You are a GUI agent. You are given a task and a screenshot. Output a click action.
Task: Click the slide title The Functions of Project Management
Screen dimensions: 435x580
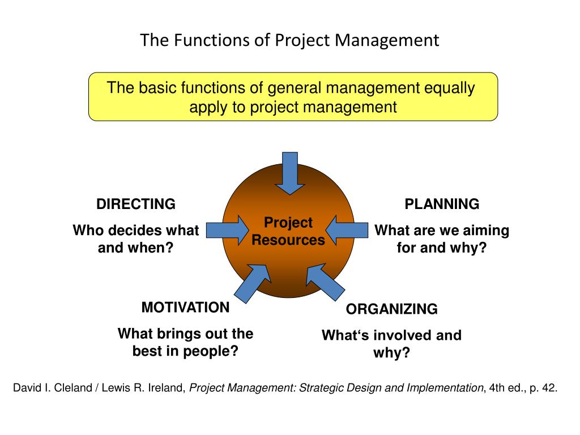pyautogui.click(x=289, y=40)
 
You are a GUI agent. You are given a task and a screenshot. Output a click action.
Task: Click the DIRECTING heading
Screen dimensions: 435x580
pyautogui.click(x=136, y=204)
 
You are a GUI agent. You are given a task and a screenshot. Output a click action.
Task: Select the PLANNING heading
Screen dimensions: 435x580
pyautogui.click(x=442, y=204)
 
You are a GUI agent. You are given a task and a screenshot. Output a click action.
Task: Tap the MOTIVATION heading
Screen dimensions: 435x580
pyautogui.click(x=185, y=308)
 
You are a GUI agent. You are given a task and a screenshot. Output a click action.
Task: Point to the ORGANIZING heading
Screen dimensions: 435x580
pyautogui.click(x=392, y=309)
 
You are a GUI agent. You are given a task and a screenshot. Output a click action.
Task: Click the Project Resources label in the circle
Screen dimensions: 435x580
pyautogui.click(x=288, y=231)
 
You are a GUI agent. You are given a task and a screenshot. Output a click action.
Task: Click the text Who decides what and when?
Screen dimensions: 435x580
pyautogui.click(x=136, y=239)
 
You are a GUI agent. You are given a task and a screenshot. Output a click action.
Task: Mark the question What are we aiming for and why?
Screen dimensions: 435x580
pyautogui.click(x=442, y=239)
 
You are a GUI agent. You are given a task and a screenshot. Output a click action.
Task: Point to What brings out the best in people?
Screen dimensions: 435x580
pyautogui.click(x=185, y=342)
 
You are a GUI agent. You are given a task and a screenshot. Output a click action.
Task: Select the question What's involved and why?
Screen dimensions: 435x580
pyautogui.click(x=391, y=344)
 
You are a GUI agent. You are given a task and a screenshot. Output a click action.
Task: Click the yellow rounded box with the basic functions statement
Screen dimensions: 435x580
pyautogui.click(x=293, y=97)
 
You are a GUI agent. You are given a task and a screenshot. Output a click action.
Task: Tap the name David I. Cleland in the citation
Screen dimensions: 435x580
pyautogui.click(x=52, y=389)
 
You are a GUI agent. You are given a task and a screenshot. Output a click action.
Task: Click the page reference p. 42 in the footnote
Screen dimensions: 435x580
pyautogui.click(x=541, y=389)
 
